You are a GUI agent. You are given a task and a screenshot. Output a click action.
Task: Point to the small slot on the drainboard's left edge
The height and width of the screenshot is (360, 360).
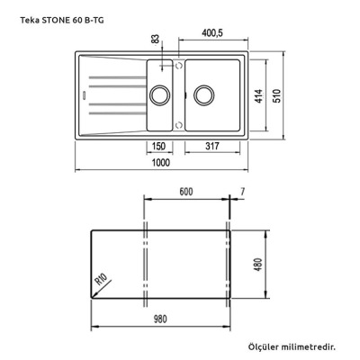83,91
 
